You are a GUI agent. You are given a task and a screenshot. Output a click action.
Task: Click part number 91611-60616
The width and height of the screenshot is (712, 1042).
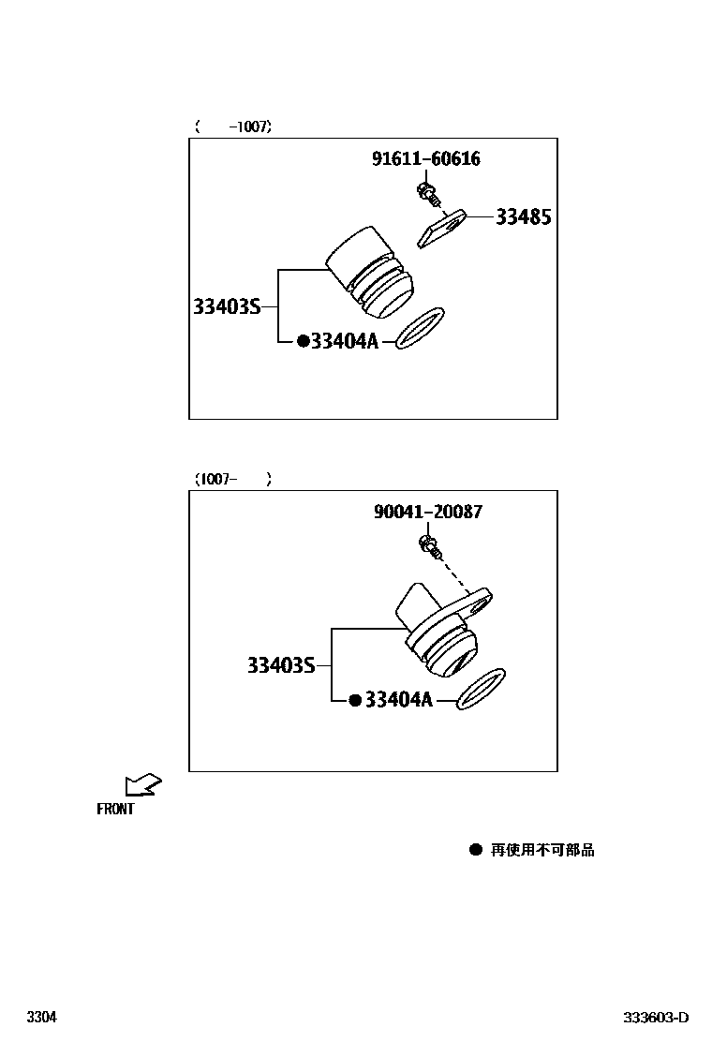pos(426,159)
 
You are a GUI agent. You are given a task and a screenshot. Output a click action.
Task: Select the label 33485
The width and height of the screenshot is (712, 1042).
pos(523,217)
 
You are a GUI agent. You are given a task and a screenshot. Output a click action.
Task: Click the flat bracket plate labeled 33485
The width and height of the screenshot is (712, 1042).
pos(441,228)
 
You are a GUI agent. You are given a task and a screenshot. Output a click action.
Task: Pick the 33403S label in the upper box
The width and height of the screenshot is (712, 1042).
pos(227,306)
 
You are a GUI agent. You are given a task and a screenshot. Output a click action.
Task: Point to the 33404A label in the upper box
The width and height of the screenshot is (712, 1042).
pos(344,342)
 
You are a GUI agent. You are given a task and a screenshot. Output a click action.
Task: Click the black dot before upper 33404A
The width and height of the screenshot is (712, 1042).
pos(303,342)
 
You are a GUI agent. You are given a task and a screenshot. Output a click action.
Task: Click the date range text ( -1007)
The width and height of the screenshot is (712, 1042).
pos(233,127)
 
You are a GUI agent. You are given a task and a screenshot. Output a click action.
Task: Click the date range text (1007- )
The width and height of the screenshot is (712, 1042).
pos(233,479)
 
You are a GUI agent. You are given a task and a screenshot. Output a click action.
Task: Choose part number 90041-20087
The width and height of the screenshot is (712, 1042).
pos(428,512)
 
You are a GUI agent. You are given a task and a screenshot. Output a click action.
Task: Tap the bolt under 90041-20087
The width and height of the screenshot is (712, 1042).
pos(430,544)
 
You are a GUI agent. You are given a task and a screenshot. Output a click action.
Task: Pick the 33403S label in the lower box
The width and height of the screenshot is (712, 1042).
pos(281,665)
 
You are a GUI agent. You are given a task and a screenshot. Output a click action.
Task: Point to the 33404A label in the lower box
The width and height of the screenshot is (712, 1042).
pos(398,700)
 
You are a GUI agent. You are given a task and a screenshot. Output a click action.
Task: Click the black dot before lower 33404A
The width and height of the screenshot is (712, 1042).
pos(355,700)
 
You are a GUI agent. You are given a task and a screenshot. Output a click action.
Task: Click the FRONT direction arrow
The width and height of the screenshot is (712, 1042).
pos(143,784)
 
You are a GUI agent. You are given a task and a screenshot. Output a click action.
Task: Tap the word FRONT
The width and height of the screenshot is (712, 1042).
pos(115,810)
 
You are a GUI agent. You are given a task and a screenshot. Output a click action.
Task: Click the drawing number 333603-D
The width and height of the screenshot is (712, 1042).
pos(657,1018)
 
